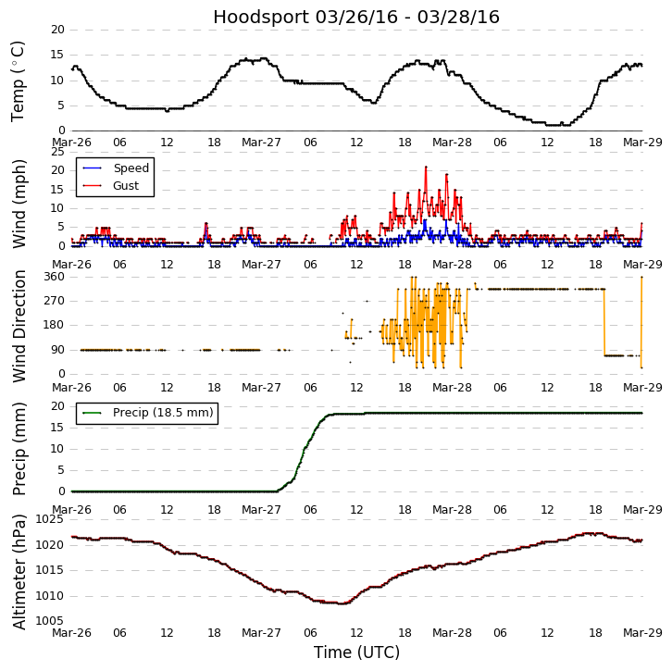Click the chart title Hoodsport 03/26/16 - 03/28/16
(x=356, y=18)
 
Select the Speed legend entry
(x=131, y=168)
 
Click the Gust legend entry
(x=126, y=186)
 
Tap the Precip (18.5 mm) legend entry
(x=162, y=413)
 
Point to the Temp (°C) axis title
(x=19, y=81)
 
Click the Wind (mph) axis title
(x=19, y=203)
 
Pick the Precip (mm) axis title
(x=19, y=448)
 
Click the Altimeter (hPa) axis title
(x=19, y=571)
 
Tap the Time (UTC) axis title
(x=356, y=652)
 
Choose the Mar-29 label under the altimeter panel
(x=642, y=632)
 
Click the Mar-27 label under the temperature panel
(x=262, y=143)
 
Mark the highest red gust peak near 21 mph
(x=426, y=168)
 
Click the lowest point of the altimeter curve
(x=342, y=603)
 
